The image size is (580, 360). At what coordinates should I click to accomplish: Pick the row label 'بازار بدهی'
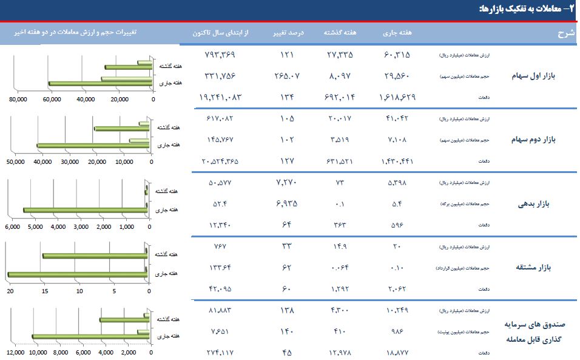click(533, 204)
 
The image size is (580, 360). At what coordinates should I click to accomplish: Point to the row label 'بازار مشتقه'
click(532, 267)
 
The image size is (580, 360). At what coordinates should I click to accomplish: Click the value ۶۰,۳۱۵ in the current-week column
click(397, 54)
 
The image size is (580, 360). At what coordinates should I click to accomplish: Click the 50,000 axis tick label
click(15, 161)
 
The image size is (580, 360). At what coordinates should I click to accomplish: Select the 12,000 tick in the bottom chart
click(16, 352)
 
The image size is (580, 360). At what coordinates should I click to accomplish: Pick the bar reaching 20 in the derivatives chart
click(78, 275)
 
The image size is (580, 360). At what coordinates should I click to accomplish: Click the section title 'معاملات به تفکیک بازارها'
click(519, 9)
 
